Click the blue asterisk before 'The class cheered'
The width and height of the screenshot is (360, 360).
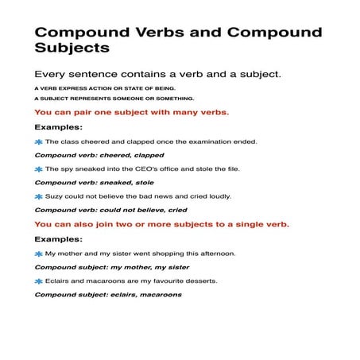click(38, 141)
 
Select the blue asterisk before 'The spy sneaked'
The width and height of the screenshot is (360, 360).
click(38, 169)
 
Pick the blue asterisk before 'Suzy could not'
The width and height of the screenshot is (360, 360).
click(38, 196)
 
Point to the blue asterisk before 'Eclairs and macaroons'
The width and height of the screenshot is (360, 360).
click(38, 281)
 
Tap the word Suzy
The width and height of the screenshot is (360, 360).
click(54, 196)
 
